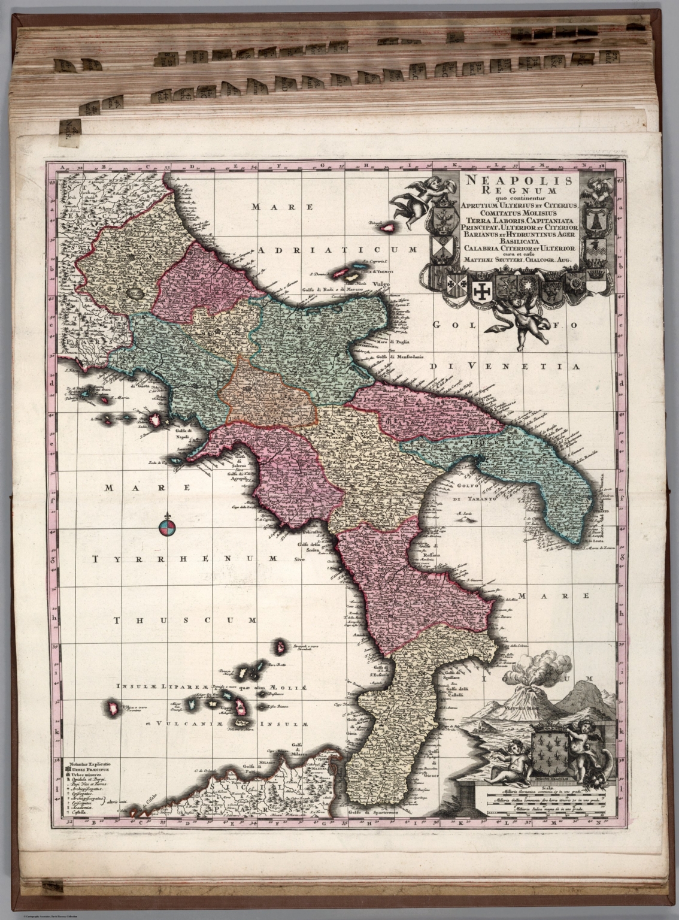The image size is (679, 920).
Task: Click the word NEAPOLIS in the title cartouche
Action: pos(519,180)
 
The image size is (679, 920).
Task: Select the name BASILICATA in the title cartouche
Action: pos(519,241)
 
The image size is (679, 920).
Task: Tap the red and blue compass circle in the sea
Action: pos(167,528)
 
